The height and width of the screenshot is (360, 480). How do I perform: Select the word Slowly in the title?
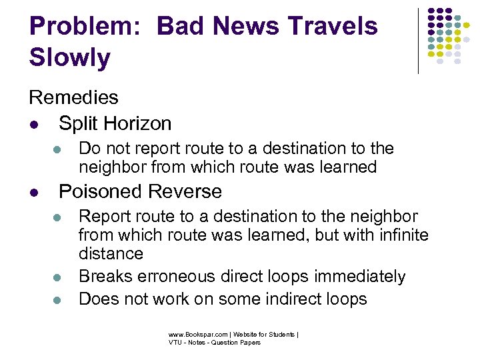[70, 59]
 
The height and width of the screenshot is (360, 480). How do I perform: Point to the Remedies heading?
[73, 97]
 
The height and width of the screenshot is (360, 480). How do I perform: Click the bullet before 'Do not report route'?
[57, 149]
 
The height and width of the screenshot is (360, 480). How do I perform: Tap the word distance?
[111, 254]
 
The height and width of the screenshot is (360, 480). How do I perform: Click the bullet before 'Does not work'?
[57, 299]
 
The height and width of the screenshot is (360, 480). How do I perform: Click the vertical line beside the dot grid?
[418, 40]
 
